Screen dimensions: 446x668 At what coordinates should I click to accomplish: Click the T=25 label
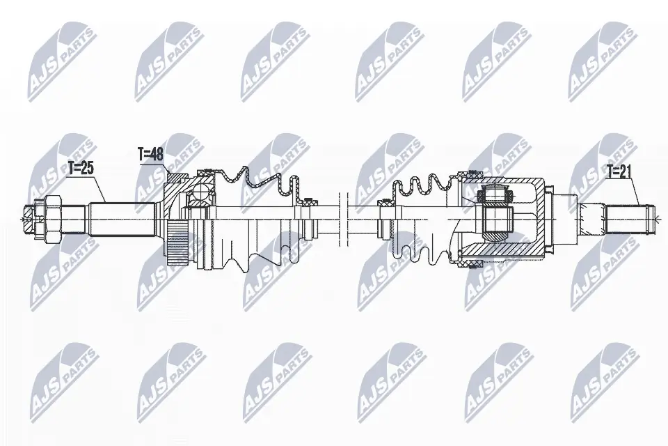(80, 167)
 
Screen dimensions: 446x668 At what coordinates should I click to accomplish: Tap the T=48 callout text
(150, 155)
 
